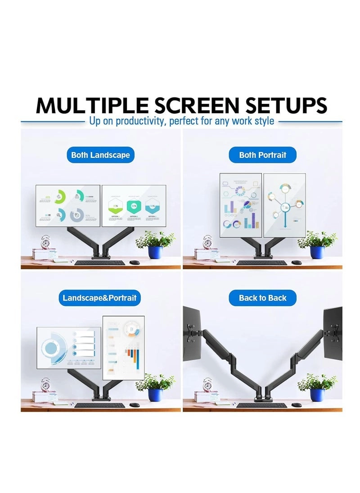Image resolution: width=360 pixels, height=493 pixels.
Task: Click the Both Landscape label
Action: click(x=100, y=155)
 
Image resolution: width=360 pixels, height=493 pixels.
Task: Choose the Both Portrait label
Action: click(x=262, y=155)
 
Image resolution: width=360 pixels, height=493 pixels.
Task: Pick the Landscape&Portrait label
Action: click(x=99, y=298)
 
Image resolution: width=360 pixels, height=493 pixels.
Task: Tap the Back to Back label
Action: click(x=262, y=298)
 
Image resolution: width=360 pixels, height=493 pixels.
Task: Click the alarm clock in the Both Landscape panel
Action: click(x=45, y=242)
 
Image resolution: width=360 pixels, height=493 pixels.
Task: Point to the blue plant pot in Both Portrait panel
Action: click(x=317, y=252)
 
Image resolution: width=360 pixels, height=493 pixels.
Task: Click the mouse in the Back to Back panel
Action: click(x=296, y=405)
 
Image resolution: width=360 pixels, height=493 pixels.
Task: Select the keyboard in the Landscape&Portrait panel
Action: click(x=99, y=405)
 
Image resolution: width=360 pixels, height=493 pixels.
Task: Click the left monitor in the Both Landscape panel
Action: click(x=68, y=206)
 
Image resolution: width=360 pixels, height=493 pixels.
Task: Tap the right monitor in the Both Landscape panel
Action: click(x=134, y=206)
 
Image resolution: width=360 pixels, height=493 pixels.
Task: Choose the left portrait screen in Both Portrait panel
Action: click(x=240, y=205)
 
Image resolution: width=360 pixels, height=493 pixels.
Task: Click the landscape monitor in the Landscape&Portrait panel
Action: click(x=68, y=348)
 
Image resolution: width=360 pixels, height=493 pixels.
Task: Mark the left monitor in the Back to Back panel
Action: click(x=192, y=333)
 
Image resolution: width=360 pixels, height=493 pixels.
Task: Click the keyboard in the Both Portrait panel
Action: click(x=261, y=263)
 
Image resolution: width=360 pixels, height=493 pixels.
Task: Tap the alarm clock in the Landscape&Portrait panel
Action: click(x=45, y=384)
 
